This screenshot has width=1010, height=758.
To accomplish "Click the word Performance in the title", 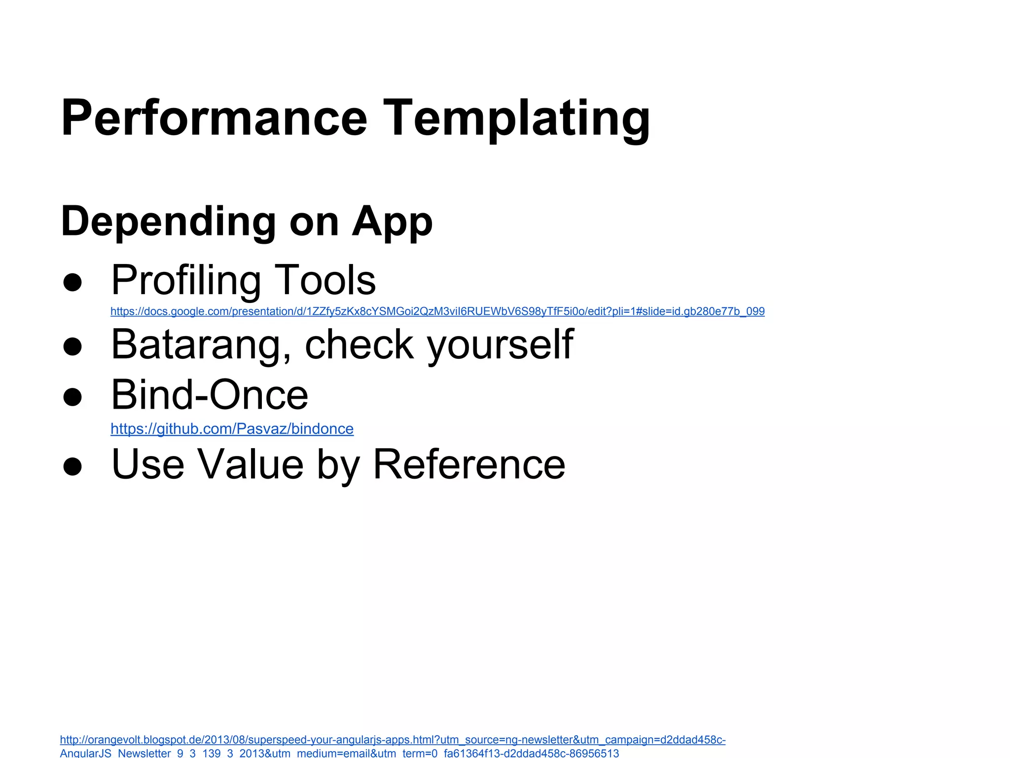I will (x=214, y=118).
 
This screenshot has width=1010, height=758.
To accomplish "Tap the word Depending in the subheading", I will (x=168, y=222).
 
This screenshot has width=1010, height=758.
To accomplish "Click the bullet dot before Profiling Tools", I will (x=72, y=282).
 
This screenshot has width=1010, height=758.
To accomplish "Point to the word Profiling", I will (x=186, y=280).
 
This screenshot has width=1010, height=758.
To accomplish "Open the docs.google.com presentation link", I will (x=437, y=311).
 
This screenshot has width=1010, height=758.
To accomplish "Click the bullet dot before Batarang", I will (x=72, y=346).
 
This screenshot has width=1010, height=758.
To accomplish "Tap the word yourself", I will (x=500, y=344).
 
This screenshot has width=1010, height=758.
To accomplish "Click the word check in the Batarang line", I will (x=359, y=344).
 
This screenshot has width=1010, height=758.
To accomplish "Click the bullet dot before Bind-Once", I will (x=72, y=397).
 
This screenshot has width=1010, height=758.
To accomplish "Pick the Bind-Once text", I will (x=210, y=395).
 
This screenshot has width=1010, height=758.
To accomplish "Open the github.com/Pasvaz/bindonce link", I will (x=232, y=428).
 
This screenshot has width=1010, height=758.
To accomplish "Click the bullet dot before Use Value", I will (x=72, y=466).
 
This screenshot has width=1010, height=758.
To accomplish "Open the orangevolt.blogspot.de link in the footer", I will (x=392, y=740).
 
